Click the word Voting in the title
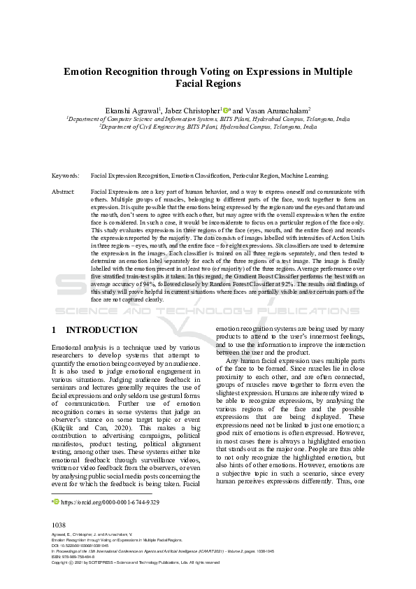tap(189, 71)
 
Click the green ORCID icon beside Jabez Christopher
tap(225, 109)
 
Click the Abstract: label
tap(64, 191)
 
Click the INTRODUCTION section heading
tap(101, 329)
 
